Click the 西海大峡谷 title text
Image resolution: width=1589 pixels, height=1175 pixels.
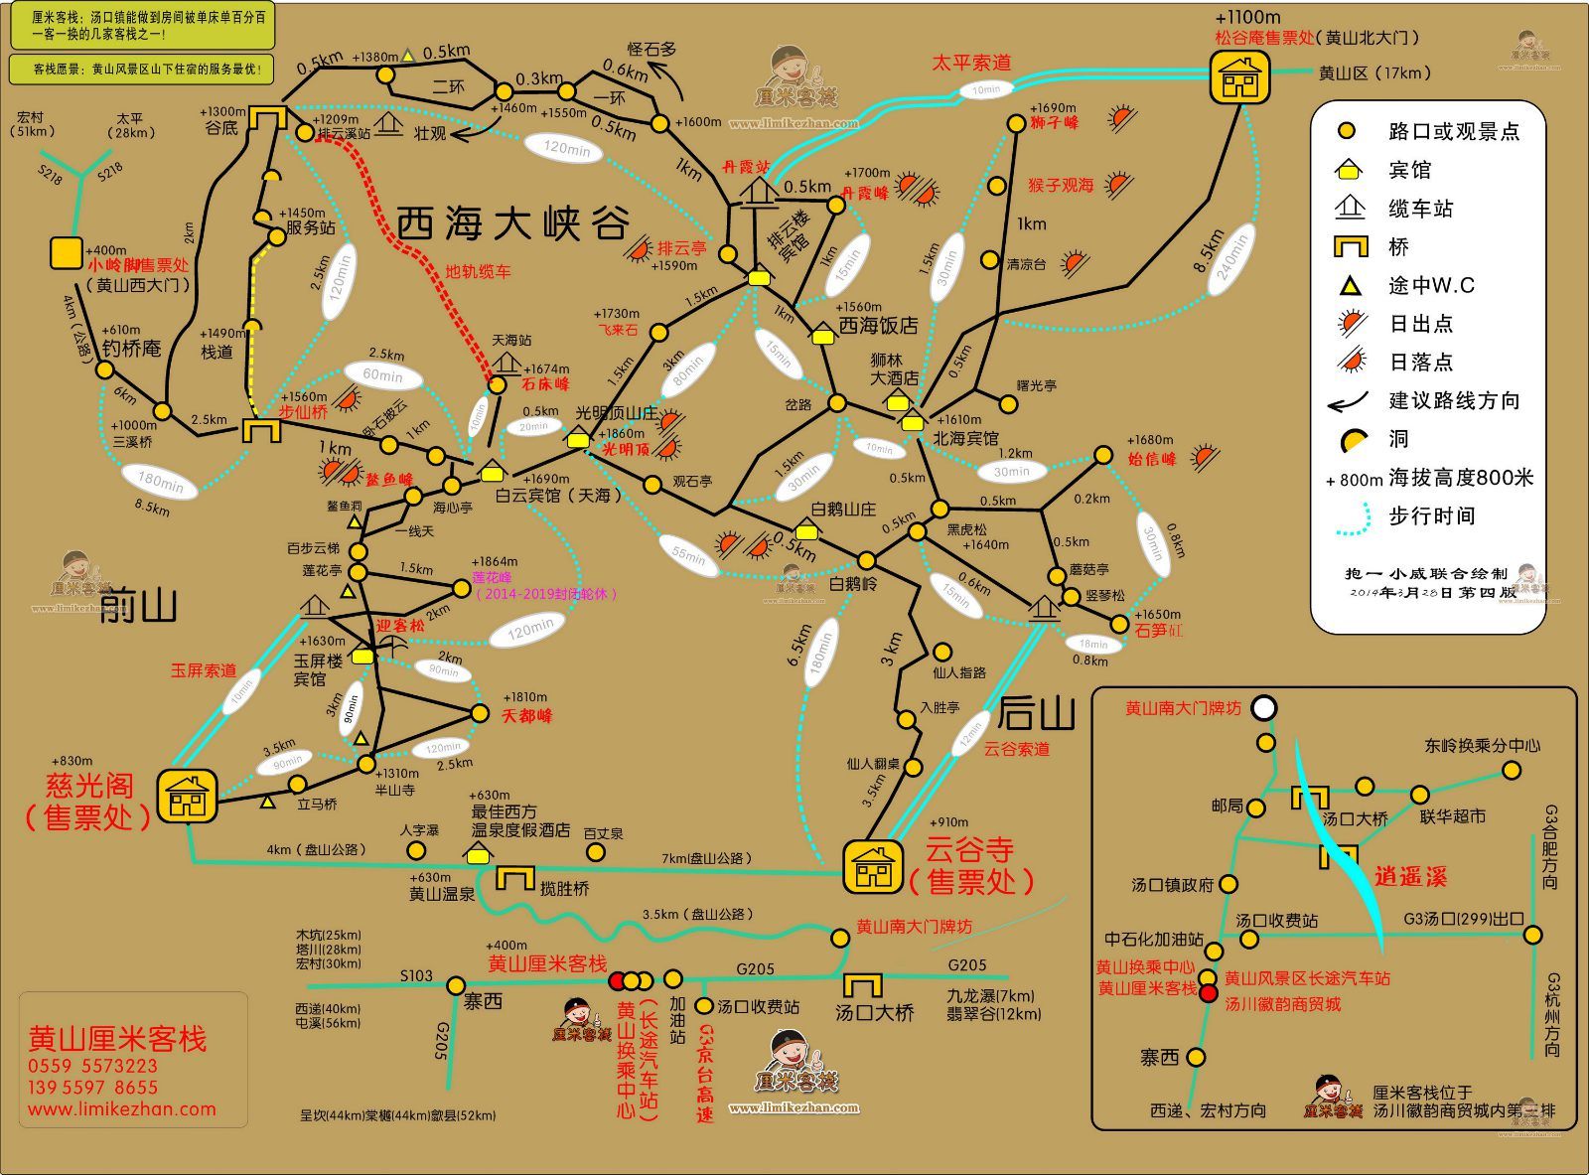tap(513, 223)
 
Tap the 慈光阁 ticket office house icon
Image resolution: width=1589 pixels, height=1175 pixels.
tap(187, 795)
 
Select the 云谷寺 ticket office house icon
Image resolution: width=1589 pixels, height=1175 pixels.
tap(873, 866)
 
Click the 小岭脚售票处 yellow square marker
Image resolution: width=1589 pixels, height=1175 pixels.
tap(67, 253)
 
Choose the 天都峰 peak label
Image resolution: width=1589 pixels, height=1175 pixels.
tap(526, 715)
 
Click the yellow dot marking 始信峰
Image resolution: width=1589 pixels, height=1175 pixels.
tap(1102, 455)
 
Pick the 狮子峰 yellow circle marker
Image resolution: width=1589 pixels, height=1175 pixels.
tap(1015, 124)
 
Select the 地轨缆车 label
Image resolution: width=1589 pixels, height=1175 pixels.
tap(478, 270)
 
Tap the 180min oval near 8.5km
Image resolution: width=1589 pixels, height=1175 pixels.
tap(161, 482)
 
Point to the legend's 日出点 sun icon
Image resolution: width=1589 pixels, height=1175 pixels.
tap(1350, 324)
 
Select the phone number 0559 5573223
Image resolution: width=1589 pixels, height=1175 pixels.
tap(93, 1067)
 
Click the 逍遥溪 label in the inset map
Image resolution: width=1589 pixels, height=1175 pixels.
tap(1410, 876)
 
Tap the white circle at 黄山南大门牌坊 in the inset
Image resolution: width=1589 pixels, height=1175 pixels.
tap(1263, 708)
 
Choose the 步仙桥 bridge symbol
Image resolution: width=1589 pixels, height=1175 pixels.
tap(262, 430)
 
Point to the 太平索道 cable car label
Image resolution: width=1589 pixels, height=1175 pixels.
tap(970, 63)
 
